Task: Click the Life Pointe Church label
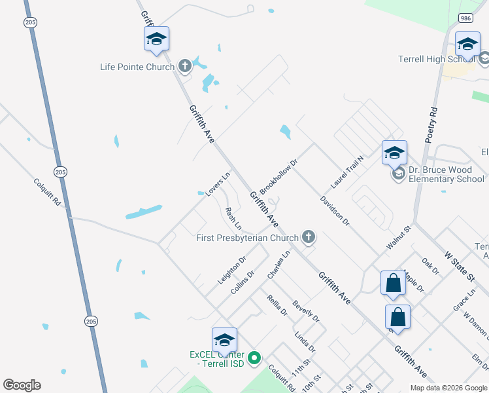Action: point(137,67)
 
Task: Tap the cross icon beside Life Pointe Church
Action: point(185,65)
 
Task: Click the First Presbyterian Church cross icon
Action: point(308,237)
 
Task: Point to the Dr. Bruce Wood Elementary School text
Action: point(447,174)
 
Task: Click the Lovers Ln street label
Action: point(218,184)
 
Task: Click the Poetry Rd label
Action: point(430,124)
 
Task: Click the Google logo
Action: point(22,385)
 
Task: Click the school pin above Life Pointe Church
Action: point(156,39)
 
